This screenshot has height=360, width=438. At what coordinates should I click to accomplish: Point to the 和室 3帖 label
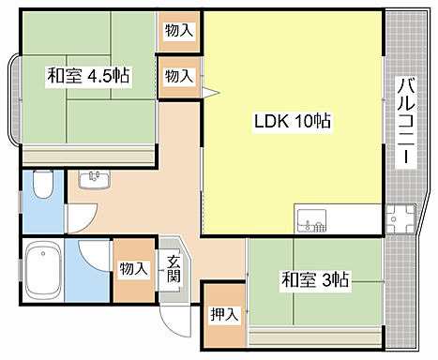coord(315,279)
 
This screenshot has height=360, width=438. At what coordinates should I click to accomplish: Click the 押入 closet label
coord(224,314)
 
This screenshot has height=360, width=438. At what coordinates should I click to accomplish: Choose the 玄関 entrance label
coord(174,269)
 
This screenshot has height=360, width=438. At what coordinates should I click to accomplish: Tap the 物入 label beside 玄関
coord(133,269)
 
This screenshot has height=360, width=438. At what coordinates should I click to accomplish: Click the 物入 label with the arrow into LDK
coord(178,75)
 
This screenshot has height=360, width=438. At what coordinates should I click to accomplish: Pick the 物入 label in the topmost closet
coord(178,30)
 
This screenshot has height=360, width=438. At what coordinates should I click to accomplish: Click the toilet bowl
coord(41,187)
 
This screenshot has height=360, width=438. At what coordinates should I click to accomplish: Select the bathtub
coord(42,271)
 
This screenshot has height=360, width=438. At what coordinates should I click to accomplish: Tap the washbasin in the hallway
coord(95,178)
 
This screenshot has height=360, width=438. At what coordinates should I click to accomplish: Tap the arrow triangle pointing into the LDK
coord(210,92)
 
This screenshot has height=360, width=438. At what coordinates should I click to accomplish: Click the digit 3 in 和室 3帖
coord(323,279)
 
